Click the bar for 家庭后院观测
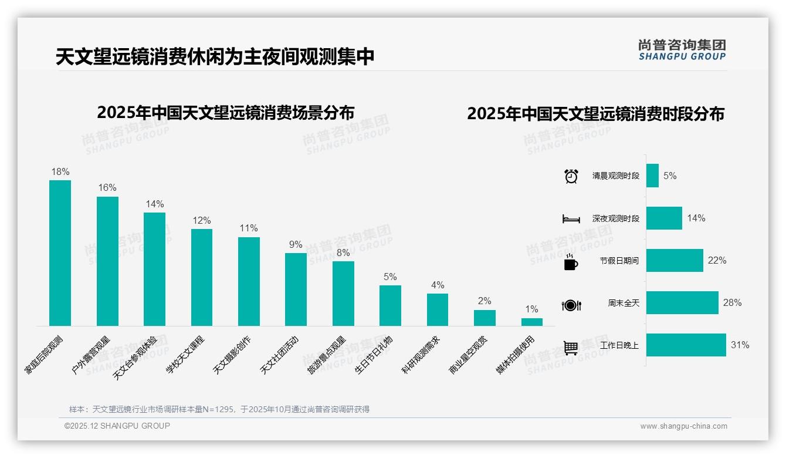(60, 253)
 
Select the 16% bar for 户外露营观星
(107, 261)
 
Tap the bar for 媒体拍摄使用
(531, 322)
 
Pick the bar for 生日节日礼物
(390, 305)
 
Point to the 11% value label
(249, 228)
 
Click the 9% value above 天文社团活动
(296, 245)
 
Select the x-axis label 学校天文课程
(185, 355)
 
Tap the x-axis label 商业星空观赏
(468, 355)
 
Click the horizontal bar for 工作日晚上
(686, 345)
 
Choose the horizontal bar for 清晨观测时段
(652, 176)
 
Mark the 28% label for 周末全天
(732, 303)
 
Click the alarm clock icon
(571, 176)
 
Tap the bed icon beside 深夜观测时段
(571, 219)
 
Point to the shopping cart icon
(571, 348)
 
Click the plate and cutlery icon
(571, 305)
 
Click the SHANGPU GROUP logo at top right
(682, 50)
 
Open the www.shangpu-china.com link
(683, 426)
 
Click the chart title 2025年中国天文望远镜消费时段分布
(595, 114)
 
